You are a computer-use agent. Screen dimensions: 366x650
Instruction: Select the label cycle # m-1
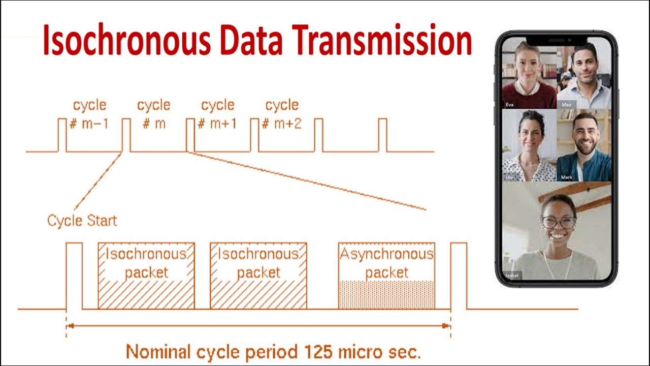pyautogui.click(x=89, y=114)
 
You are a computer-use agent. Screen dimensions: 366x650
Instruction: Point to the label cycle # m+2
pyautogui.click(x=282, y=114)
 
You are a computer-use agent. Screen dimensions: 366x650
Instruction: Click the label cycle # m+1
pyautogui.click(x=218, y=114)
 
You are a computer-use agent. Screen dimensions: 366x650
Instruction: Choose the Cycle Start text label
pyautogui.click(x=82, y=221)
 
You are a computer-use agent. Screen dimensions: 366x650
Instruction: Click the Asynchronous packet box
pyautogui.click(x=386, y=276)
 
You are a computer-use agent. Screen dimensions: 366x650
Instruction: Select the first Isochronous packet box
pyautogui.click(x=146, y=276)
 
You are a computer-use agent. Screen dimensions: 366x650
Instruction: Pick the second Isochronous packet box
pyautogui.click(x=258, y=276)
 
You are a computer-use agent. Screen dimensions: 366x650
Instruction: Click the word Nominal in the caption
pyautogui.click(x=157, y=352)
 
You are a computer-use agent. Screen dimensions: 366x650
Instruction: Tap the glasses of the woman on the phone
pyautogui.click(x=559, y=223)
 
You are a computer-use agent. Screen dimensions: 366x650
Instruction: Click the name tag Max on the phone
pyautogui.click(x=567, y=105)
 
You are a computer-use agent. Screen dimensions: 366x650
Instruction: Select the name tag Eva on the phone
pyautogui.click(x=510, y=105)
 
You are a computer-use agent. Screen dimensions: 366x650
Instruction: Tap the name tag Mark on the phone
pyautogui.click(x=567, y=177)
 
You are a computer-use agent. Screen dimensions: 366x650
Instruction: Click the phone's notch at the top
pyautogui.click(x=557, y=40)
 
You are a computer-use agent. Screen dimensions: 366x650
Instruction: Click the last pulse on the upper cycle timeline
pyautogui.click(x=382, y=135)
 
